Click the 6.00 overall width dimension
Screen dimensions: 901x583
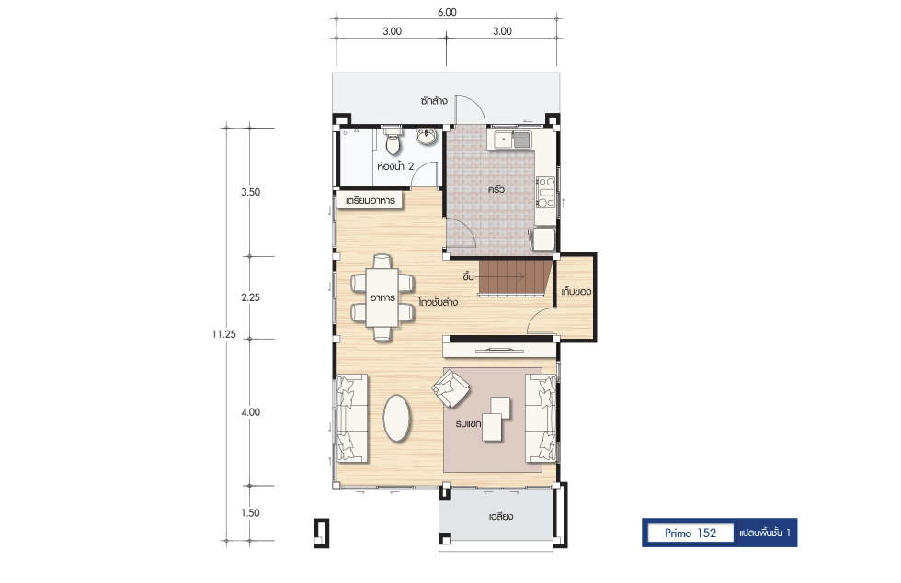pos(447,12)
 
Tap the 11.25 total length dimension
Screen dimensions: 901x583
pos(223,334)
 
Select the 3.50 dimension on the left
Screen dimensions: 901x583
pos(250,192)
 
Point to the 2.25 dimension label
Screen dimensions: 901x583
pos(250,297)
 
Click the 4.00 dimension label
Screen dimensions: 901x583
pos(250,412)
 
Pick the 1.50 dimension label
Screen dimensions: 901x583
pos(250,513)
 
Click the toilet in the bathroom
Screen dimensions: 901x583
pos(393,140)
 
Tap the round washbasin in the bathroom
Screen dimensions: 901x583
pos(426,137)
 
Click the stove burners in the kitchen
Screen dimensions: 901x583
pos(545,192)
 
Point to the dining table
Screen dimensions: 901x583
pos(382,297)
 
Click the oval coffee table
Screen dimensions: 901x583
pos(397,419)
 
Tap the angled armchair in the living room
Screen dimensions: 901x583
pos(451,387)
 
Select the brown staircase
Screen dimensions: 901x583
pos(515,277)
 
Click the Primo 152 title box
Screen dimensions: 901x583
pos(690,533)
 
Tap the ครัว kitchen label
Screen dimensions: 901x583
pos(496,189)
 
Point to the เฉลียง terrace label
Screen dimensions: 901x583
pos(501,516)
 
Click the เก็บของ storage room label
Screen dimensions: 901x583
pos(576,292)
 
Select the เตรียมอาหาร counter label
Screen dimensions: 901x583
pos(370,201)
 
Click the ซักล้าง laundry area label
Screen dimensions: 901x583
pos(434,101)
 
